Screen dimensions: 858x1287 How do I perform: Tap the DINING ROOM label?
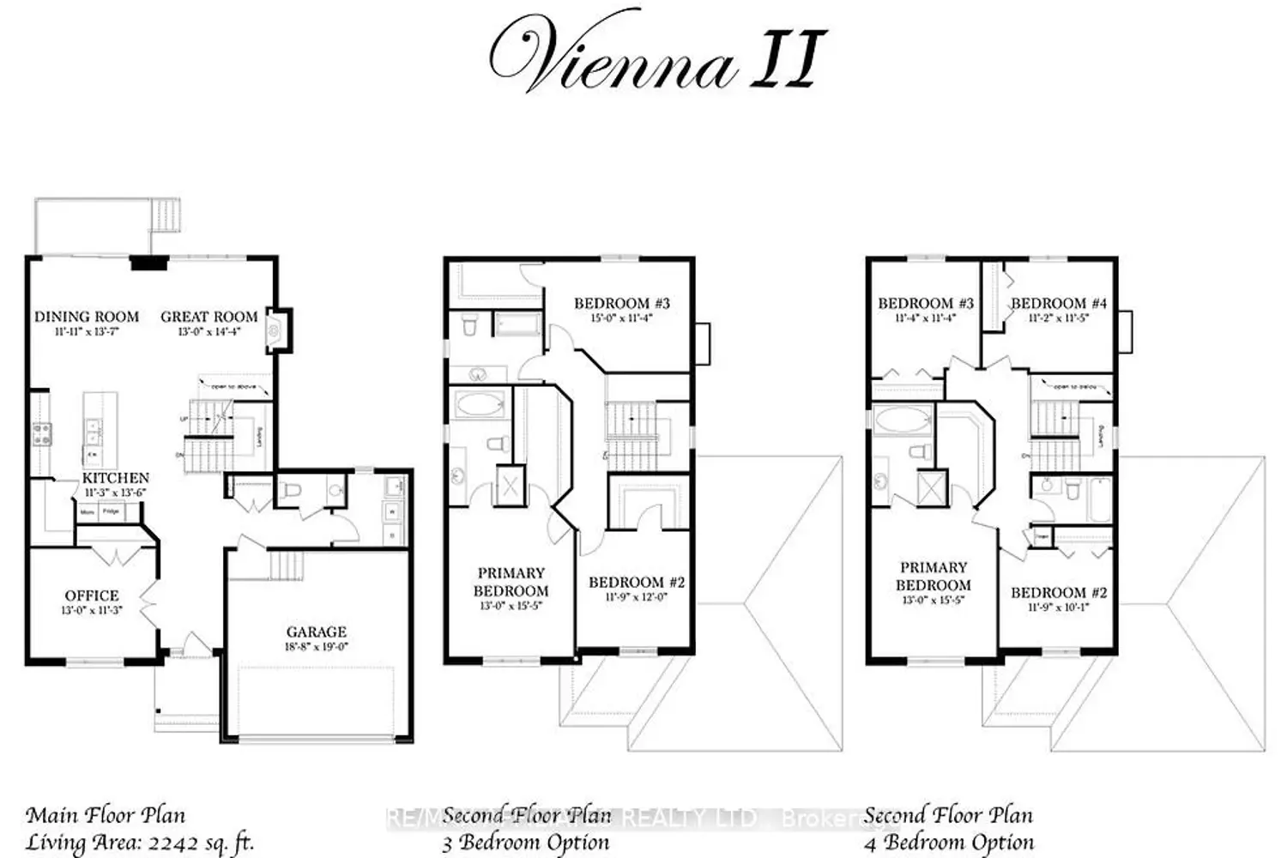(86, 317)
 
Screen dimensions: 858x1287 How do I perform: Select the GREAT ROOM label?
(209, 317)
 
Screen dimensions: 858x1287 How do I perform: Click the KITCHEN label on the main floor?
(116, 478)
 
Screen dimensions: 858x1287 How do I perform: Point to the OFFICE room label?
(92, 595)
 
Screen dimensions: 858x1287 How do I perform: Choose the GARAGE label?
(317, 632)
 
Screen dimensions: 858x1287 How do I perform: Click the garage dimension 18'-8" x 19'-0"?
(317, 647)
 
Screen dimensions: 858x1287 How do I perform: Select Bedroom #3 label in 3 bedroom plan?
(621, 303)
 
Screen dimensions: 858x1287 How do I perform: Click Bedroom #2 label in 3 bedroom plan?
(637, 583)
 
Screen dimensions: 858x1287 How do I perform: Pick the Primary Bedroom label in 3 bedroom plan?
(511, 582)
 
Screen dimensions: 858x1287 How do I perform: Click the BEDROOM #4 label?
(1059, 303)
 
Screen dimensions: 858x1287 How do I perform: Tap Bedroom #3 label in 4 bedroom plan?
(926, 303)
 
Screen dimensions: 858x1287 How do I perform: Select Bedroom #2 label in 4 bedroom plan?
(1059, 593)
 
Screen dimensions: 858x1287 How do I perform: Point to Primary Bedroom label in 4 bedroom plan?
(934, 577)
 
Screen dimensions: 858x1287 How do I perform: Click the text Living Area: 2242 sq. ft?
(140, 842)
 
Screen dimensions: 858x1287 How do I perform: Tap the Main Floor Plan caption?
(106, 815)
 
